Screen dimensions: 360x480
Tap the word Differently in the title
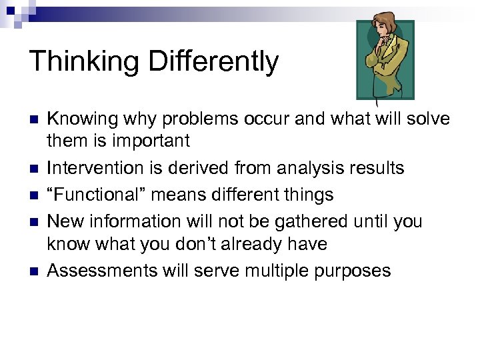(x=213, y=61)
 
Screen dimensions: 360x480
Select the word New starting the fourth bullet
(x=64, y=221)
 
